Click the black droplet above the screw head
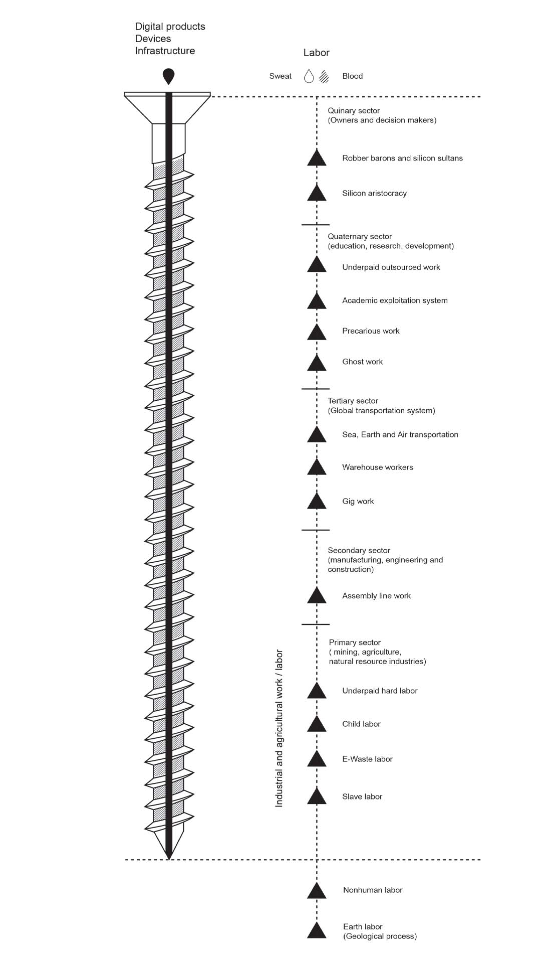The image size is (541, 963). click(x=169, y=77)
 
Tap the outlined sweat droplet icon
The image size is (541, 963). click(x=309, y=76)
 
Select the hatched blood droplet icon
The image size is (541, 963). click(x=324, y=76)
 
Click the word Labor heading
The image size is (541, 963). click(x=316, y=53)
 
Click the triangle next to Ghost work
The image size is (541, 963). click(x=317, y=363)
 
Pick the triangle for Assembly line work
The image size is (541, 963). click(x=317, y=596)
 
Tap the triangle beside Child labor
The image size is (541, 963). click(x=317, y=724)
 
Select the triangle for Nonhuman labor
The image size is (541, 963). click(x=317, y=891)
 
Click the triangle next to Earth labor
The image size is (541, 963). click(x=317, y=930)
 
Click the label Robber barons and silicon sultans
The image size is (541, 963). click(x=402, y=158)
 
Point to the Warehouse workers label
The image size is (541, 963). click(x=377, y=467)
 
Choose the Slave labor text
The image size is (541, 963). click(x=362, y=796)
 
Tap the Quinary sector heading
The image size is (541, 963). click(x=354, y=110)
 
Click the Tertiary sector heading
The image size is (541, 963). click(x=353, y=401)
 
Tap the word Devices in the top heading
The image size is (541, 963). click(x=153, y=39)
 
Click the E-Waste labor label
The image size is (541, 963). click(x=367, y=759)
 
